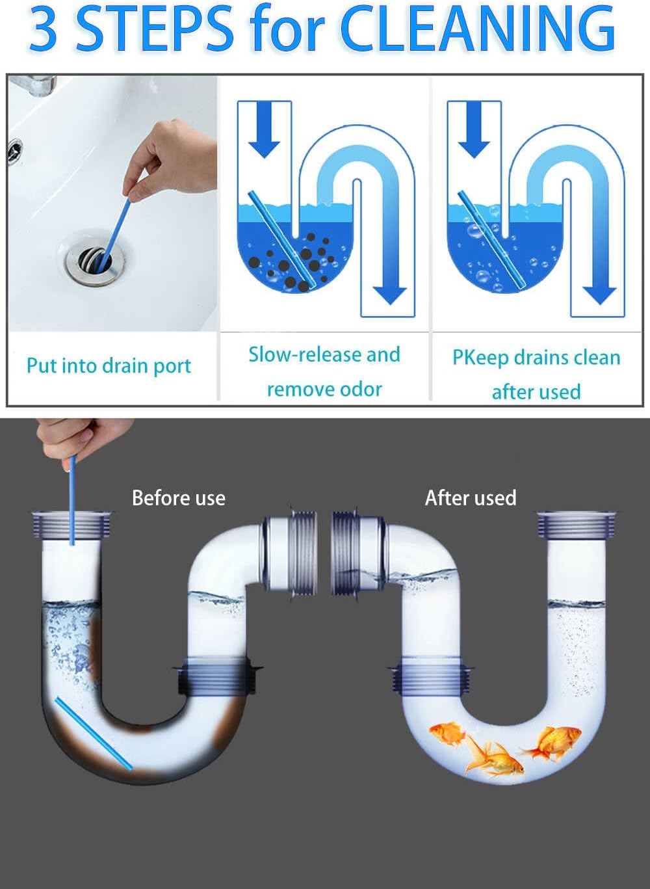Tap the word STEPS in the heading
point(155,29)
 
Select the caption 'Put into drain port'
point(109,365)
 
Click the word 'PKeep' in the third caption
point(480,358)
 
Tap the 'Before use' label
point(178,498)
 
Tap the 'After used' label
point(471,498)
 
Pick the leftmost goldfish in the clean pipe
point(448,734)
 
